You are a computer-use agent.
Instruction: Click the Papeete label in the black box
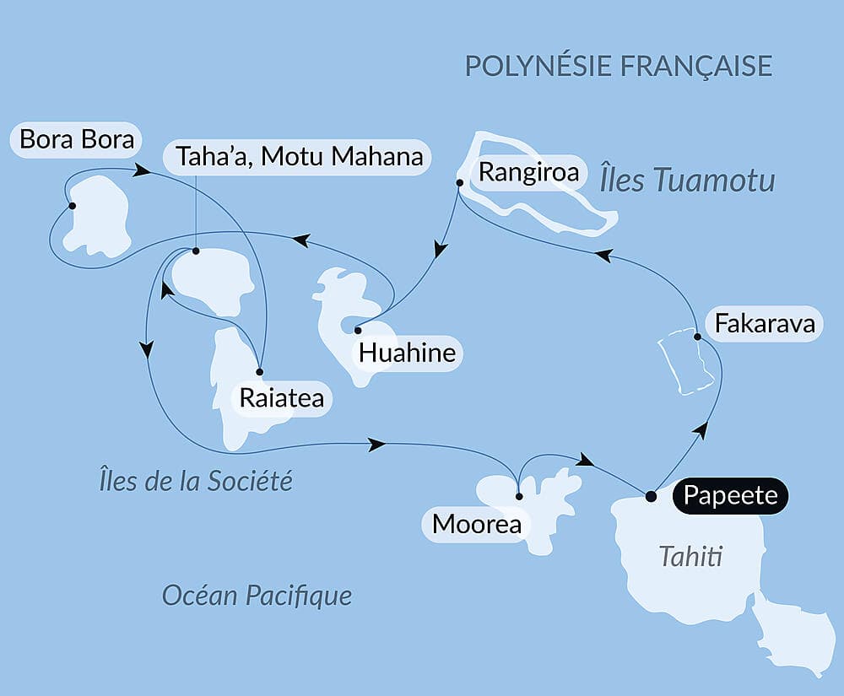pos(731,495)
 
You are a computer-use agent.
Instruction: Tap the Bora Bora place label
pos(77,139)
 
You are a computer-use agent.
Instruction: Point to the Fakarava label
pos(765,324)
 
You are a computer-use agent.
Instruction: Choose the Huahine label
pos(407,353)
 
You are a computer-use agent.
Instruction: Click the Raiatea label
pos(281,398)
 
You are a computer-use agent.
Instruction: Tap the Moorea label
pos(476,525)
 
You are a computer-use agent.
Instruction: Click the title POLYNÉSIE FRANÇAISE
pos(619,66)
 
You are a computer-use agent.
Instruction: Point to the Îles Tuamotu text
pos(687,180)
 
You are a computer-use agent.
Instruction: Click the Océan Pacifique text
pos(257,596)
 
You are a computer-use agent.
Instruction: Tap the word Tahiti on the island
pos(691,557)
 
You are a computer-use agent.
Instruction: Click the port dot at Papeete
pos(651,496)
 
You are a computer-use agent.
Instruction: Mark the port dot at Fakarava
pos(697,337)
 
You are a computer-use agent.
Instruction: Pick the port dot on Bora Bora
pos(72,206)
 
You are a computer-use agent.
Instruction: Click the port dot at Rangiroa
pos(459,182)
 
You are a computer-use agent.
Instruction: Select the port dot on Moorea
pos(519,496)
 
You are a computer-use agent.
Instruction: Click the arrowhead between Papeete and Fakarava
pos(698,431)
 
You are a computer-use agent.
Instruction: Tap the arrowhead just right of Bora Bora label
pos(143,171)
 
